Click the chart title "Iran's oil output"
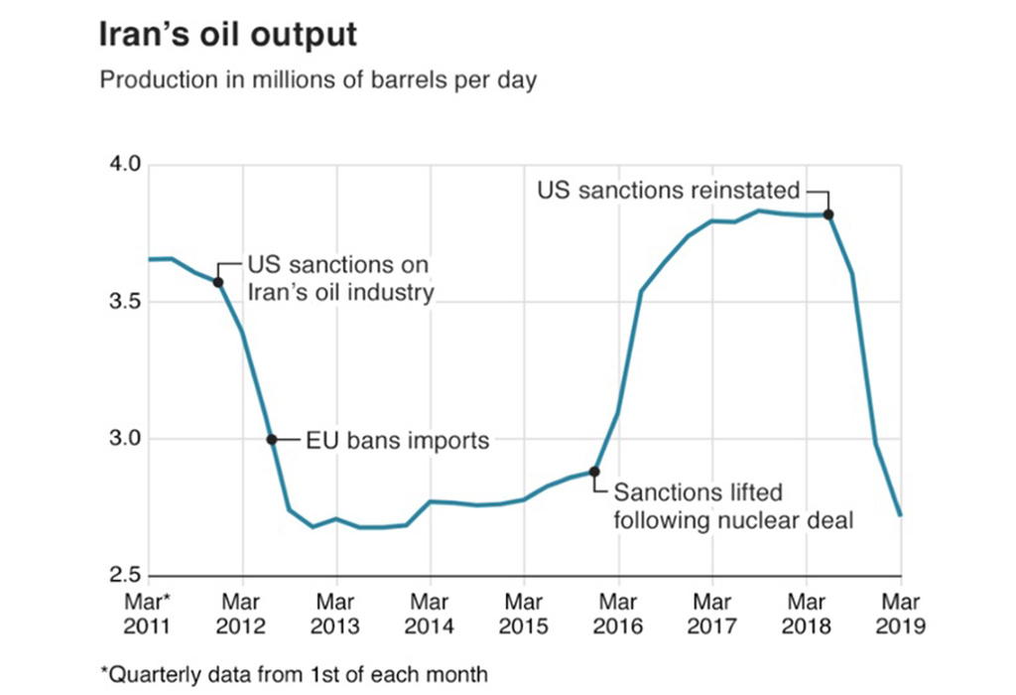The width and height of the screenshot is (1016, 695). point(227,35)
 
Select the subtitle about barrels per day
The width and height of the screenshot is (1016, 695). point(317,80)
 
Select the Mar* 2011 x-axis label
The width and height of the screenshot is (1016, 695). point(147,613)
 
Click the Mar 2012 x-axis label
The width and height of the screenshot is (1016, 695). point(241,613)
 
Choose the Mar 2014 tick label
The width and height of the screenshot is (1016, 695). point(430,613)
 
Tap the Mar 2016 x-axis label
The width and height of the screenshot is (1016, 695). point(618,613)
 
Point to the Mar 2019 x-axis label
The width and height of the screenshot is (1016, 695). point(901,613)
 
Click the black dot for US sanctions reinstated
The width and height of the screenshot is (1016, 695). point(828,214)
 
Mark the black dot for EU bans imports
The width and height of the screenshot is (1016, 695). point(271,439)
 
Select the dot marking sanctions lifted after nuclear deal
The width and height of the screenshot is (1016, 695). point(594,471)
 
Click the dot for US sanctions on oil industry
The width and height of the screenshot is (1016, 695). point(218,282)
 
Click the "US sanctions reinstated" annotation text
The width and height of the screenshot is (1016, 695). point(668,190)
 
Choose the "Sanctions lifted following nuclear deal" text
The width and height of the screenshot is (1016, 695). point(734,505)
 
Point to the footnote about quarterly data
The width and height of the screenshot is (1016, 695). point(294,674)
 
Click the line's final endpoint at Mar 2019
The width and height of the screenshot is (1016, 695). point(901,515)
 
